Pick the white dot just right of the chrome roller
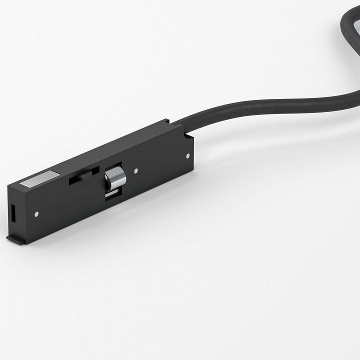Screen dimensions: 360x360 tap(135, 171)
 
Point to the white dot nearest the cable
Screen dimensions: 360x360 tap(187, 155)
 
